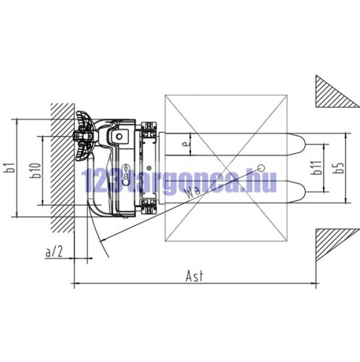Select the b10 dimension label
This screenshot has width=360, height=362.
click(35, 171)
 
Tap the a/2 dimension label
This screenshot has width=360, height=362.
click(54, 252)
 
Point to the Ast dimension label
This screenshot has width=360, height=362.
click(195, 277)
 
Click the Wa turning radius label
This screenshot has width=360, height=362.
click(192, 190)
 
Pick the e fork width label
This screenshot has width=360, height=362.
click(185, 144)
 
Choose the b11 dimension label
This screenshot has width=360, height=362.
click(317, 167)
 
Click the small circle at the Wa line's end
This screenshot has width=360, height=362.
click(261, 167)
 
